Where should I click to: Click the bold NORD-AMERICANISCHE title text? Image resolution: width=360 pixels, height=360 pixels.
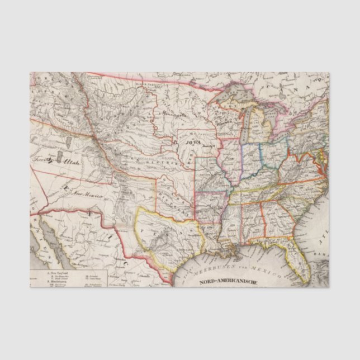(228, 282)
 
